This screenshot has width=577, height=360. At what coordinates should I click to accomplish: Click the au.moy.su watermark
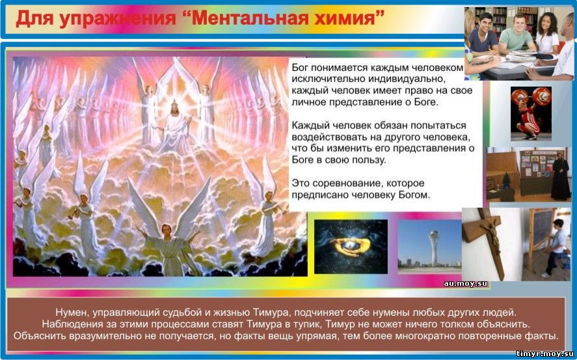coord(465,283)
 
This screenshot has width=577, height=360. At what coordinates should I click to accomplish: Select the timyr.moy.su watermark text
coord(544,353)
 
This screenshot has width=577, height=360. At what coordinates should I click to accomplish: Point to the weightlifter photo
coord(531,113)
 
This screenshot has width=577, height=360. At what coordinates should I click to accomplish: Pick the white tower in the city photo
coord(434,247)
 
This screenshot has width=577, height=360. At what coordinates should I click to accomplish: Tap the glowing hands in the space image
coord(349,247)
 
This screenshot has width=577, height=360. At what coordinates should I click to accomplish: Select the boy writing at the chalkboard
coord(555,247)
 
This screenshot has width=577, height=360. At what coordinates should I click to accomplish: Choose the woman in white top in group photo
coord(547,33)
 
